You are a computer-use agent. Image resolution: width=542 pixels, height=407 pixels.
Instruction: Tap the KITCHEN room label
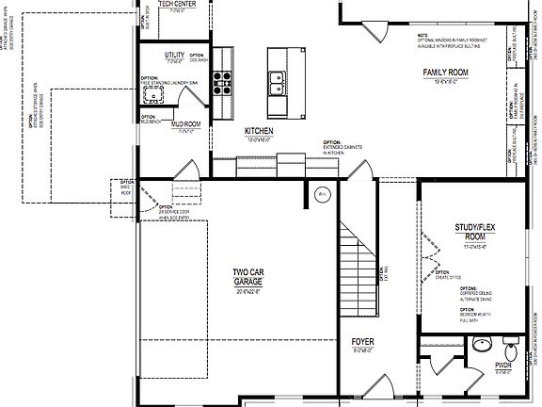258,131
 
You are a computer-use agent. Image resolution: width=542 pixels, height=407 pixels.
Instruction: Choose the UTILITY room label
174,56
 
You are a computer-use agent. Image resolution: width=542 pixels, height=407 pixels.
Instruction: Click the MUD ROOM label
185,123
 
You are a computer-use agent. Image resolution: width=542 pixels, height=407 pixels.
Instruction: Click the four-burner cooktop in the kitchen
222,83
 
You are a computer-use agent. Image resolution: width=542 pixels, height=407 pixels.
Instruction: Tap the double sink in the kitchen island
278,84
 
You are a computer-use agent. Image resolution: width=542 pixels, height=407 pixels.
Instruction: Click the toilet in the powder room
511,344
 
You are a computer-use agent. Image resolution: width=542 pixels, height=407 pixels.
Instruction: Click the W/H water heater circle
321,195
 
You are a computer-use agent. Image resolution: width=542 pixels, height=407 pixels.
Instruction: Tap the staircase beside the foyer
358,265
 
